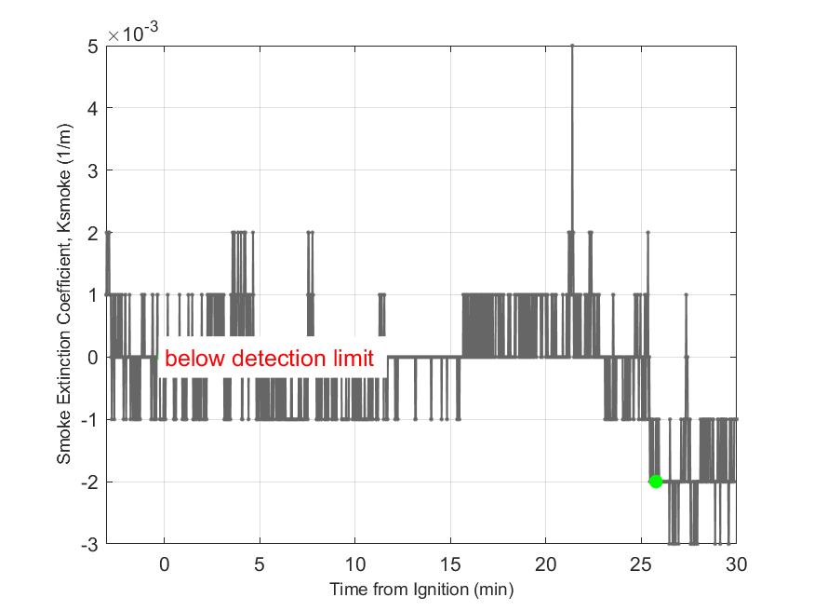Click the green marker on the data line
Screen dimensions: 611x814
click(x=655, y=481)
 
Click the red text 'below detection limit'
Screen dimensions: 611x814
click(x=269, y=359)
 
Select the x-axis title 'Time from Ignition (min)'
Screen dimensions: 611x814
click(x=420, y=590)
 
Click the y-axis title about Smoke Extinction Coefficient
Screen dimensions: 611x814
click(x=64, y=294)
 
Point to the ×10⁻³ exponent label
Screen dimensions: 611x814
click(x=132, y=33)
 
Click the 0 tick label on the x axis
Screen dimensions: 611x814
click(x=164, y=564)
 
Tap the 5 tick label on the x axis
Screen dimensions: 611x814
click(x=260, y=564)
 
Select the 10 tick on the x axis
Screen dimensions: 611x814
click(x=354, y=564)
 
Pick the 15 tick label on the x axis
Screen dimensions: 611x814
click(x=450, y=564)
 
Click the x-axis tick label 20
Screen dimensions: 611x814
click(x=546, y=564)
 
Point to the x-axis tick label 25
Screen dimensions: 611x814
click(x=641, y=564)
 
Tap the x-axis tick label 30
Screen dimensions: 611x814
click(x=736, y=564)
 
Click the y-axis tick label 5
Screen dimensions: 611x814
click(x=94, y=46)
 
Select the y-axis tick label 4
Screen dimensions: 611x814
click(x=94, y=108)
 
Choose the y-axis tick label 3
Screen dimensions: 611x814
click(x=94, y=170)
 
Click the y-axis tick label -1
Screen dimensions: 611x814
click(x=91, y=419)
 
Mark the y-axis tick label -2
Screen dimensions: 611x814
click(x=91, y=482)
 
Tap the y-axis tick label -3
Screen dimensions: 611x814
click(x=91, y=544)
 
